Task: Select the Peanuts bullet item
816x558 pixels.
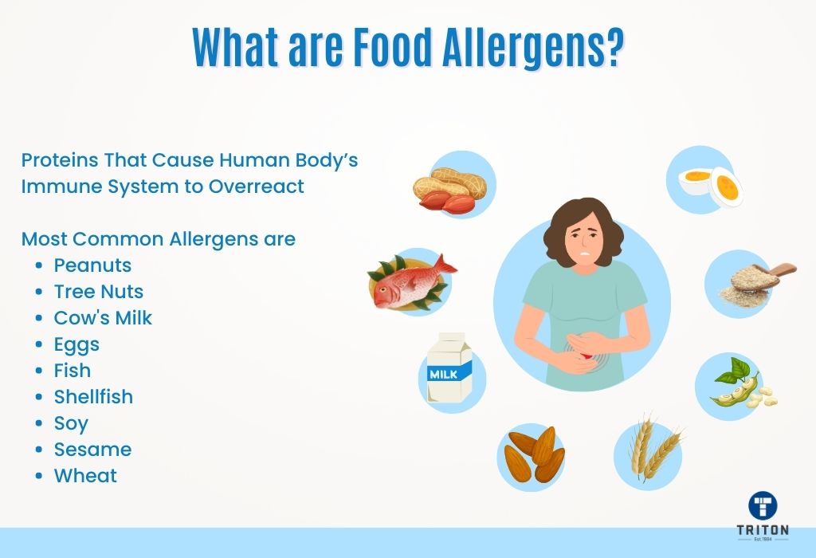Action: [92, 265]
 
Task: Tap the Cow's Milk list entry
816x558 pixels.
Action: [103, 317]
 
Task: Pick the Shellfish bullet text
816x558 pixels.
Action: [93, 396]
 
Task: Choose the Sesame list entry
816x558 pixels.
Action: [92, 449]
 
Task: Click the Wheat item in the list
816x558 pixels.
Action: [85, 475]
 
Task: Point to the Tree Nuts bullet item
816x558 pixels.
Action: [99, 291]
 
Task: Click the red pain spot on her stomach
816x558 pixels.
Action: [586, 358]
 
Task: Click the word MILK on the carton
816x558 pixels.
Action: [443, 373]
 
